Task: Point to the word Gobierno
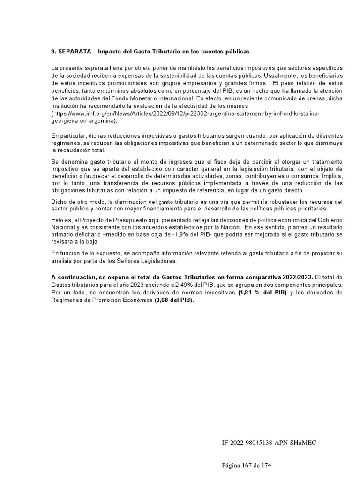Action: [x=330, y=220]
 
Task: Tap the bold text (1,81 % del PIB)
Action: [x=262, y=292]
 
